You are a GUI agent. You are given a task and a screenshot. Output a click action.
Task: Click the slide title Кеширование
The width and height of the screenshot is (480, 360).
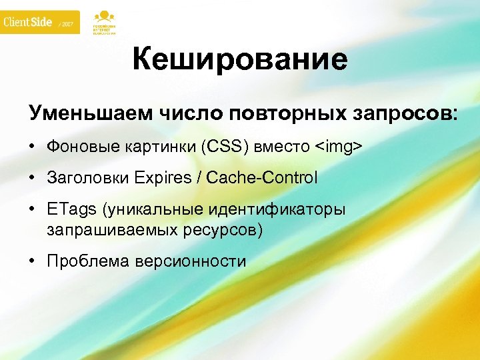click(240, 60)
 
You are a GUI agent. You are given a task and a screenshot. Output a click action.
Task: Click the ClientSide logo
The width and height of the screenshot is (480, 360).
click(28, 22)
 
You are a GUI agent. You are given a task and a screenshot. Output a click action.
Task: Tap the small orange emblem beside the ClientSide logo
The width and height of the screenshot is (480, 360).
click(103, 21)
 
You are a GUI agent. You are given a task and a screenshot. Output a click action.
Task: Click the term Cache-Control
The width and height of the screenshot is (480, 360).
click(262, 178)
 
